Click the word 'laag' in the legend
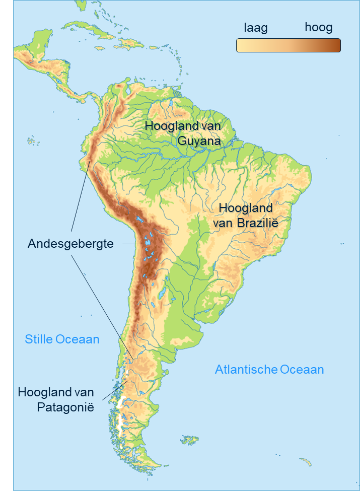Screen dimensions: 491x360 tap(255, 28)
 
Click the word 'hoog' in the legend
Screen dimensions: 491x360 tap(318, 28)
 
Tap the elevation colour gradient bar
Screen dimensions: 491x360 tap(288, 45)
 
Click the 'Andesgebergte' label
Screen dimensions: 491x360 tap(70, 244)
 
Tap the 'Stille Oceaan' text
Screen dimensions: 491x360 tap(62, 339)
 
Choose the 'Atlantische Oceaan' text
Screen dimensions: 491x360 tap(269, 370)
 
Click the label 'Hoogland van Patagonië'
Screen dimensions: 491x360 tap(56, 399)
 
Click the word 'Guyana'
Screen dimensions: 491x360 tap(199, 141)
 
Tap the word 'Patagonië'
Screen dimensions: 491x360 tap(65, 407)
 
